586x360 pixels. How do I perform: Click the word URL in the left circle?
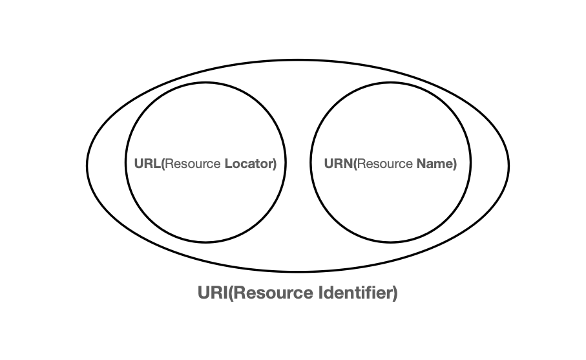click(x=145, y=164)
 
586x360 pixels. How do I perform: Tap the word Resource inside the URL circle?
click(x=193, y=164)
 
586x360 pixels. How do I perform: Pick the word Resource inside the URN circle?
click(x=385, y=164)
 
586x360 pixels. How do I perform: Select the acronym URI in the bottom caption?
click(x=211, y=293)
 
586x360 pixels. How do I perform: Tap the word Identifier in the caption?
click(x=356, y=293)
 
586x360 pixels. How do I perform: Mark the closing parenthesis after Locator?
click(x=275, y=164)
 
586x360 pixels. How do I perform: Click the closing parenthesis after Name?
click(x=455, y=164)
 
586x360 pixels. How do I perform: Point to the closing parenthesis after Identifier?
click(x=395, y=293)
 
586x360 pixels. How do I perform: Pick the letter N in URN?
click(x=348, y=164)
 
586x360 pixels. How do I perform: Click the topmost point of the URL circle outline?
click(x=205, y=83)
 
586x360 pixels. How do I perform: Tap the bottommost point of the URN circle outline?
click(x=390, y=243)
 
